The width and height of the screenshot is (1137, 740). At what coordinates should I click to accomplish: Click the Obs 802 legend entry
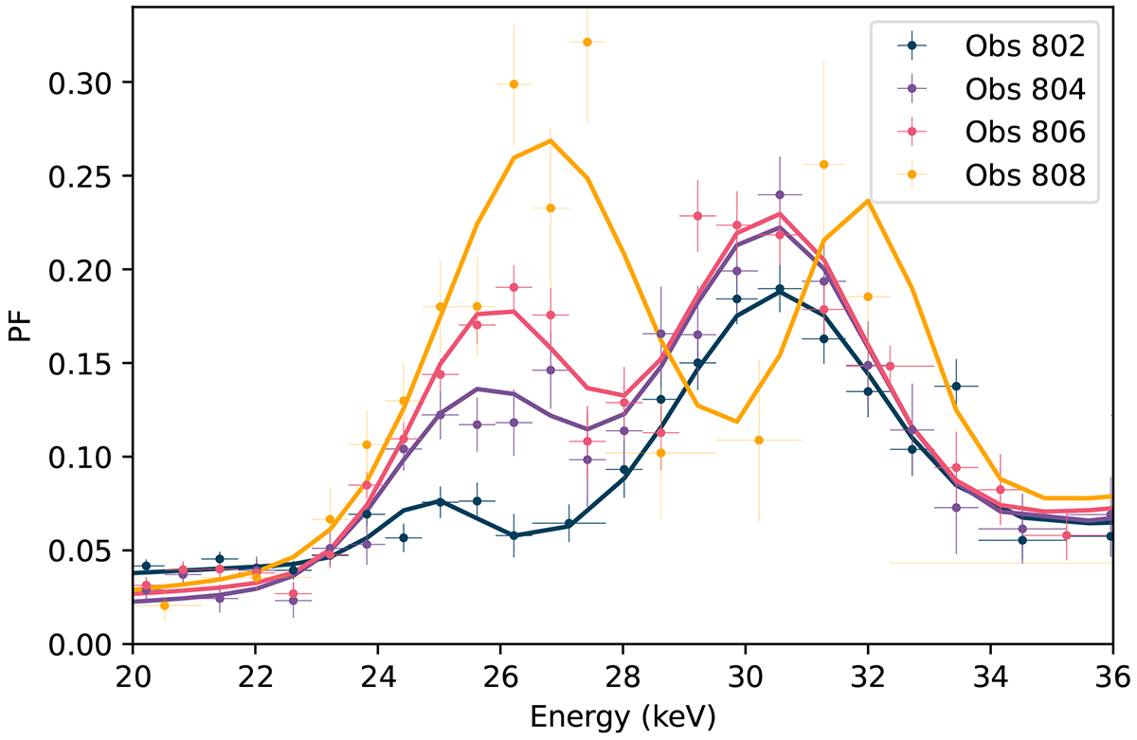1022,45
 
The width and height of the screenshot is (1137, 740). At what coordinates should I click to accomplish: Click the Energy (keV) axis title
623,713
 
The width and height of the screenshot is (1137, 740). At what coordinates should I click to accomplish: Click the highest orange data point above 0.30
587,42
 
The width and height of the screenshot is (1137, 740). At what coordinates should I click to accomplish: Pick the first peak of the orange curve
550,141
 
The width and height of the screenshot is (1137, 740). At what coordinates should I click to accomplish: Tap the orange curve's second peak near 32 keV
868,200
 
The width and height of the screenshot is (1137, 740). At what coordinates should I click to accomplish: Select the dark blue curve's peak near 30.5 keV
780,291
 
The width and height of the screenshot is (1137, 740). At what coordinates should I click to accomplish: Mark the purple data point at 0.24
780,195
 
